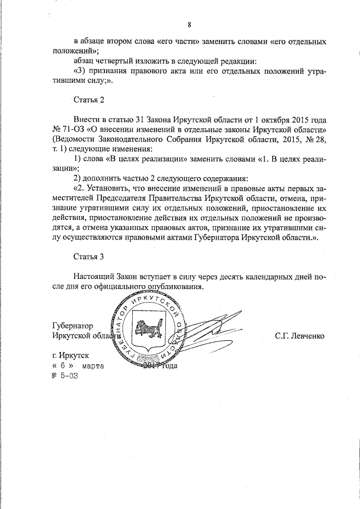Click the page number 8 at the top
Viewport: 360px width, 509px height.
(189, 24)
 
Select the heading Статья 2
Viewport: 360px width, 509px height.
(89, 101)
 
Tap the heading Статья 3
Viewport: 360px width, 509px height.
(89, 257)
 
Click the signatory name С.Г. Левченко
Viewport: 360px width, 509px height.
(299, 336)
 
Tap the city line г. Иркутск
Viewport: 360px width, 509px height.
(70, 355)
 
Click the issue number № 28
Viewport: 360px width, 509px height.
(315, 140)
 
